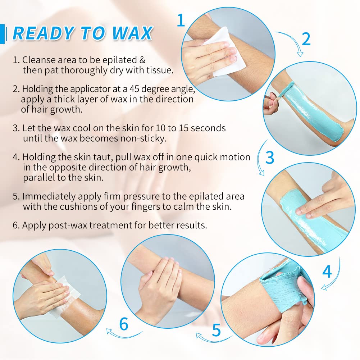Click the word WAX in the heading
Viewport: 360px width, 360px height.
(x=132, y=33)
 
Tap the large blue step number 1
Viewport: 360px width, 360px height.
(x=181, y=20)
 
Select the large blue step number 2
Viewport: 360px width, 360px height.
(x=306, y=39)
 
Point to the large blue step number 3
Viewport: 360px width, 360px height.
(x=269, y=158)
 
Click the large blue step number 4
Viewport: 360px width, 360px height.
(x=327, y=272)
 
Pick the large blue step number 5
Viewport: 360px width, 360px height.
(x=216, y=329)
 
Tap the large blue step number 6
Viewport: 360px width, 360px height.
(x=123, y=324)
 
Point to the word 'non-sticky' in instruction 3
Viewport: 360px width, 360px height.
(x=148, y=138)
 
